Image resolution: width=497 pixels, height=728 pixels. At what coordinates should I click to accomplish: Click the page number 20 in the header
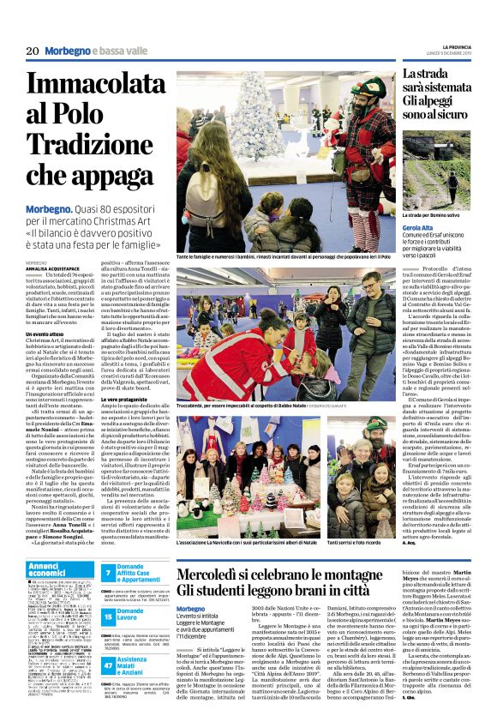click(33, 51)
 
